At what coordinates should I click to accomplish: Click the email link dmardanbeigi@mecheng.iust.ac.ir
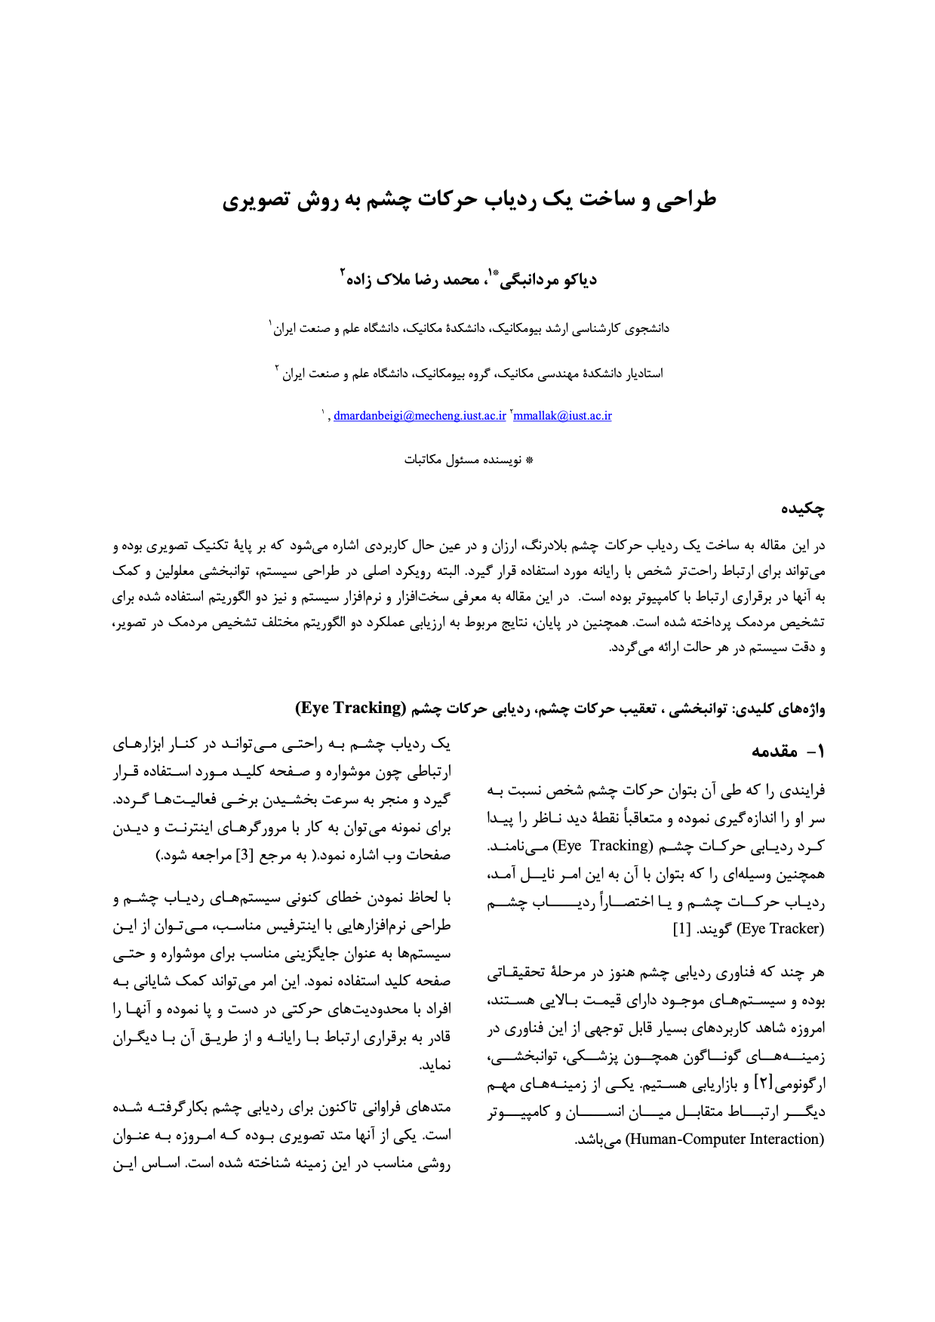point(420,416)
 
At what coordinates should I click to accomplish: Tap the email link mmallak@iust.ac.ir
point(562,416)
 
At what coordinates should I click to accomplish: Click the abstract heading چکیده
point(802,509)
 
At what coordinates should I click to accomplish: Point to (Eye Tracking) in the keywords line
point(350,708)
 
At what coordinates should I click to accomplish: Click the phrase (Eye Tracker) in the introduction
point(780,928)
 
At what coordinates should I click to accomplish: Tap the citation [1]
point(681,928)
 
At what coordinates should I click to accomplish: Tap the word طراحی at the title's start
point(685,201)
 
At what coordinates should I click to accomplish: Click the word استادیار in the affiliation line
point(644,374)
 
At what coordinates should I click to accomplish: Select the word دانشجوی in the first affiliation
point(646,329)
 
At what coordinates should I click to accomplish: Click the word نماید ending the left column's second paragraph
point(435,1065)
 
